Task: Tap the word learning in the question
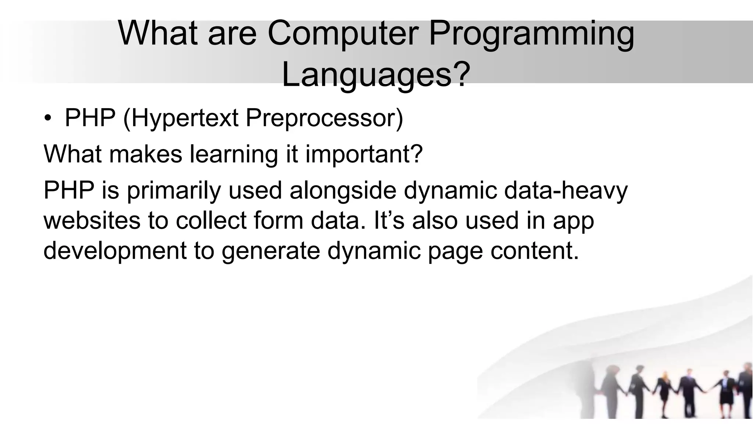click(234, 155)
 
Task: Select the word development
click(115, 251)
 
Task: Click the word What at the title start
click(160, 34)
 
